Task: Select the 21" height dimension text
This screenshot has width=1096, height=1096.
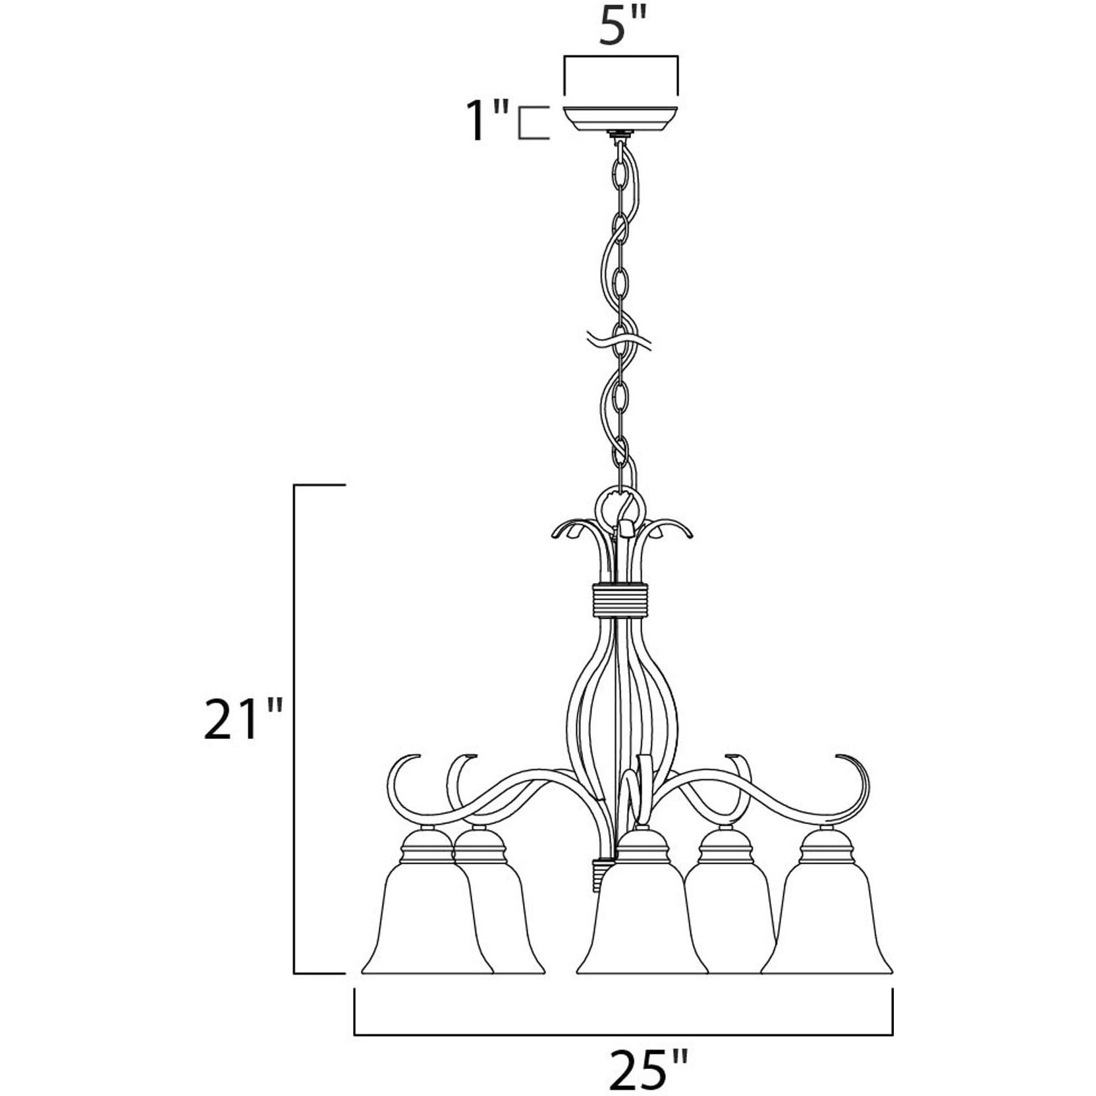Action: [243, 719]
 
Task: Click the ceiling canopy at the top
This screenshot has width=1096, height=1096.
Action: [620, 118]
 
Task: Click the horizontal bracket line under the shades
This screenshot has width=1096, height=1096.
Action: [623, 1034]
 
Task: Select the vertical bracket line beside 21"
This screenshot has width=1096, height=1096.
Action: [294, 738]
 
